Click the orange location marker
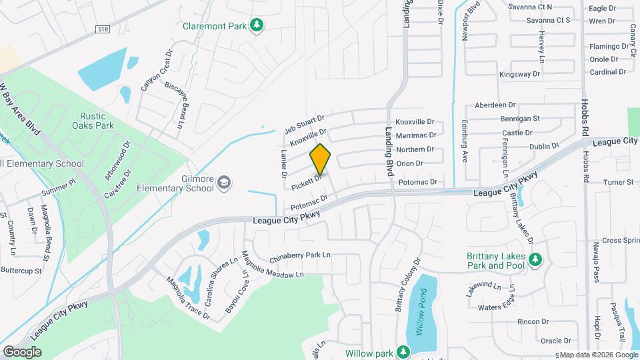point(320,159)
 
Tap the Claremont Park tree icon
point(257,25)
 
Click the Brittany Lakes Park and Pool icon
point(533,259)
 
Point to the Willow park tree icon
point(402,351)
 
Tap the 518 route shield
point(102,29)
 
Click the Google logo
point(22,351)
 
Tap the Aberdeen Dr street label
point(495,105)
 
